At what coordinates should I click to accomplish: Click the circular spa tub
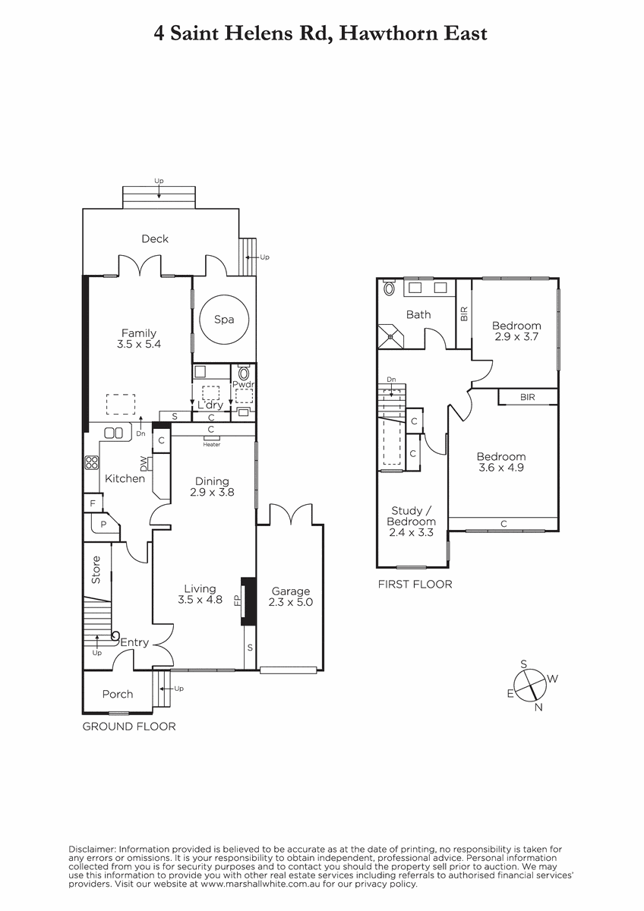tap(224, 320)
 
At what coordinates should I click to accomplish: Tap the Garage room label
tap(290, 591)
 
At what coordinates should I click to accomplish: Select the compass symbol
tap(529, 686)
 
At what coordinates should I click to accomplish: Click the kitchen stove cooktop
tap(92, 462)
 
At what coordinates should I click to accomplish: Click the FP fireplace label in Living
tap(237, 601)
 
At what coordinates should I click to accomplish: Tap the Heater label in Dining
tap(212, 445)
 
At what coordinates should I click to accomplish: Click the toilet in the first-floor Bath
tap(389, 288)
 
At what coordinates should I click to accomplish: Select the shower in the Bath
tap(390, 336)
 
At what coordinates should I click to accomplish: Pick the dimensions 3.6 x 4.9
tap(500, 468)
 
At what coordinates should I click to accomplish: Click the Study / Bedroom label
tap(412, 516)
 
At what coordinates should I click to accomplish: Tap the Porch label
tap(118, 694)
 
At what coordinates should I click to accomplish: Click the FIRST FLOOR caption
tap(415, 585)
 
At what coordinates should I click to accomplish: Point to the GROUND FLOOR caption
tap(129, 727)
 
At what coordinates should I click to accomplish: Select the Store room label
tap(96, 570)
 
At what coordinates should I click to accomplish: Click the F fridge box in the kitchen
tap(93, 504)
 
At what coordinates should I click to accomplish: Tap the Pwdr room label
tap(243, 384)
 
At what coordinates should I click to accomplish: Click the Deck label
tap(155, 238)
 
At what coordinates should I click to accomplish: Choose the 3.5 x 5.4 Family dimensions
tap(139, 344)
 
